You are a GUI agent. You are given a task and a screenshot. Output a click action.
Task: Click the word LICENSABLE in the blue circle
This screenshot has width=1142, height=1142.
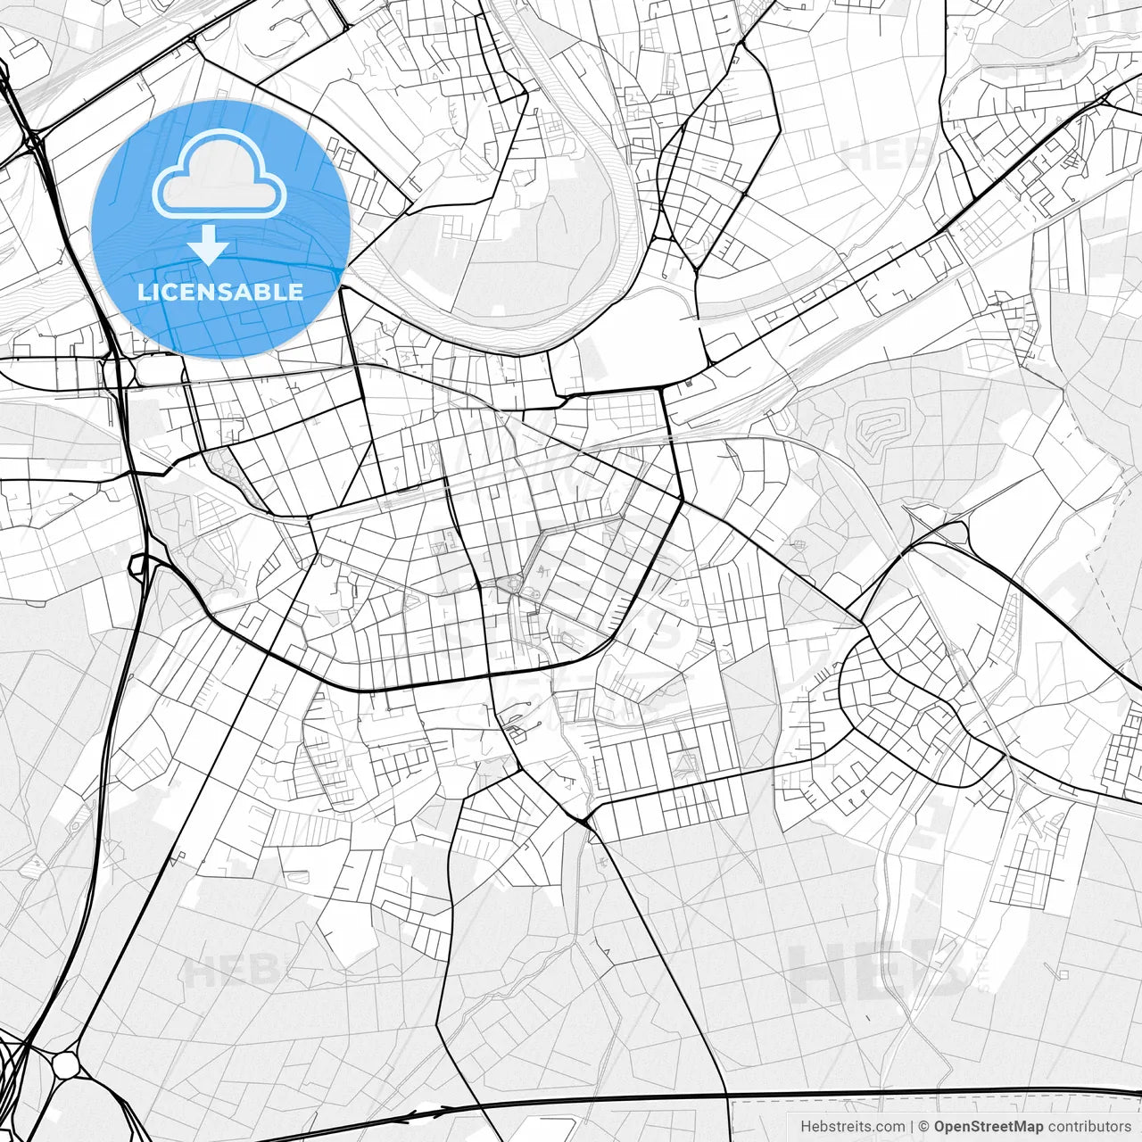click(220, 292)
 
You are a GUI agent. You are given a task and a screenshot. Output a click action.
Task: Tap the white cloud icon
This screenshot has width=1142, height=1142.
click(219, 175)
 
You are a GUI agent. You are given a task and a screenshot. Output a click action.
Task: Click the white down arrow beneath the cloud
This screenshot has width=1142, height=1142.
click(208, 244)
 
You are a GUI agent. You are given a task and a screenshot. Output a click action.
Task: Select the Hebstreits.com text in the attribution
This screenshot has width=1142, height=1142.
click(851, 1127)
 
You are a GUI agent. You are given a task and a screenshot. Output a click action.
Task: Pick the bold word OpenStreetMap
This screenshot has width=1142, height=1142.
click(989, 1127)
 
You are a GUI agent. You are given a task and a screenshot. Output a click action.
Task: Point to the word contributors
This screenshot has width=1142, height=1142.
click(1088, 1127)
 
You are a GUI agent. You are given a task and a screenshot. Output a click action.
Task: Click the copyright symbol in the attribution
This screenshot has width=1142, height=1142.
click(924, 1127)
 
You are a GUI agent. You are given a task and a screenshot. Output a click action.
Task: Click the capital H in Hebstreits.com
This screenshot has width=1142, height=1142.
click(806, 1127)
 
